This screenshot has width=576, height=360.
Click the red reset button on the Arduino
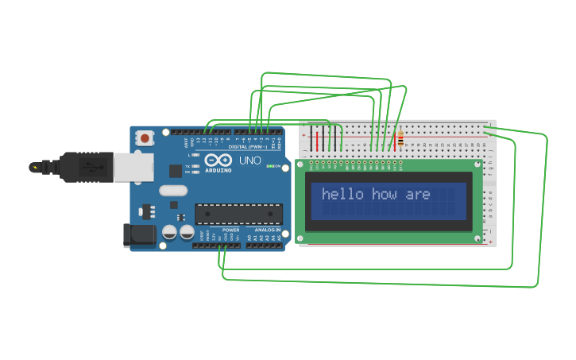tap(145, 138)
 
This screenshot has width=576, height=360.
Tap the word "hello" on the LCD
tap(342, 195)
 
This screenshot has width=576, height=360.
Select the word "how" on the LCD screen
tap(386, 195)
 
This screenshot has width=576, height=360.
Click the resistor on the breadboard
tap(400, 138)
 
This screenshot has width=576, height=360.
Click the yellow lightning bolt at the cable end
tap(34, 167)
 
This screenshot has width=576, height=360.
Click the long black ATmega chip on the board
tap(238, 214)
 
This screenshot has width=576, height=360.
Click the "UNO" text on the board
tap(250, 161)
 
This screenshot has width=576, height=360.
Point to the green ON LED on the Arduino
tap(270, 166)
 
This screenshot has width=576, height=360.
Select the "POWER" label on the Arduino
tap(230, 230)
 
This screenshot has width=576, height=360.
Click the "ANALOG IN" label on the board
tap(268, 230)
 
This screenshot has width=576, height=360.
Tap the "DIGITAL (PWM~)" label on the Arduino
tap(246, 147)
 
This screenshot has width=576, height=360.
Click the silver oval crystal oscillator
tap(172, 190)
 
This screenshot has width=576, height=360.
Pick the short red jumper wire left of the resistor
tap(372, 141)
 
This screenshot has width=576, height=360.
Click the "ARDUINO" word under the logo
tap(218, 170)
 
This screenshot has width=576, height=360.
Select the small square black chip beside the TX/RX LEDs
tap(175, 171)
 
